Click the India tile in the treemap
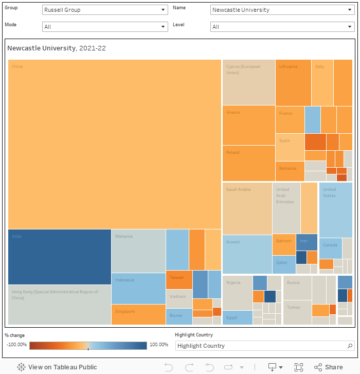coord(60,256)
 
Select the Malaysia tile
coord(138,251)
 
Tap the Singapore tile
coord(138,314)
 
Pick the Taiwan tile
coord(179,279)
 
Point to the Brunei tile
coord(179,316)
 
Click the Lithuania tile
coord(293,82)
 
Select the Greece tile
coord(248,125)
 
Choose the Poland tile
coord(248,163)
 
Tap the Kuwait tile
coord(247,254)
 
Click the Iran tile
coord(307,242)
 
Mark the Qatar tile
coord(284,264)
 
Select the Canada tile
coord(330,248)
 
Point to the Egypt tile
coord(237,317)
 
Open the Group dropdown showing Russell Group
coord(105,10)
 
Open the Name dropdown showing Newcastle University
coord(282,10)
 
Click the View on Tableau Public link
coord(57,367)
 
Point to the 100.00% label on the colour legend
coord(159,345)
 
